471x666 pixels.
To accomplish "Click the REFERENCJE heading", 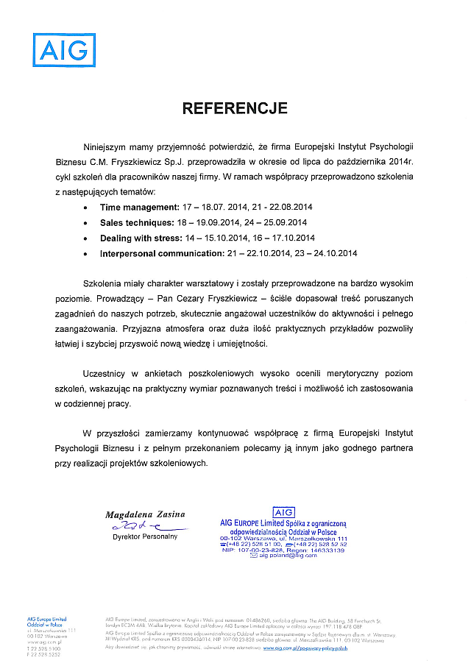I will point(235,109).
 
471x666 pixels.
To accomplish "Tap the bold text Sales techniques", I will point(136,223).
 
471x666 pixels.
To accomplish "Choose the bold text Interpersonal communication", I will point(161,254).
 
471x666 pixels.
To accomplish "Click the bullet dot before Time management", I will point(88,208).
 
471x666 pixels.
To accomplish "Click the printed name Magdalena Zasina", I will point(145,514).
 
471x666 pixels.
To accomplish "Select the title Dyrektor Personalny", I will point(145,536).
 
